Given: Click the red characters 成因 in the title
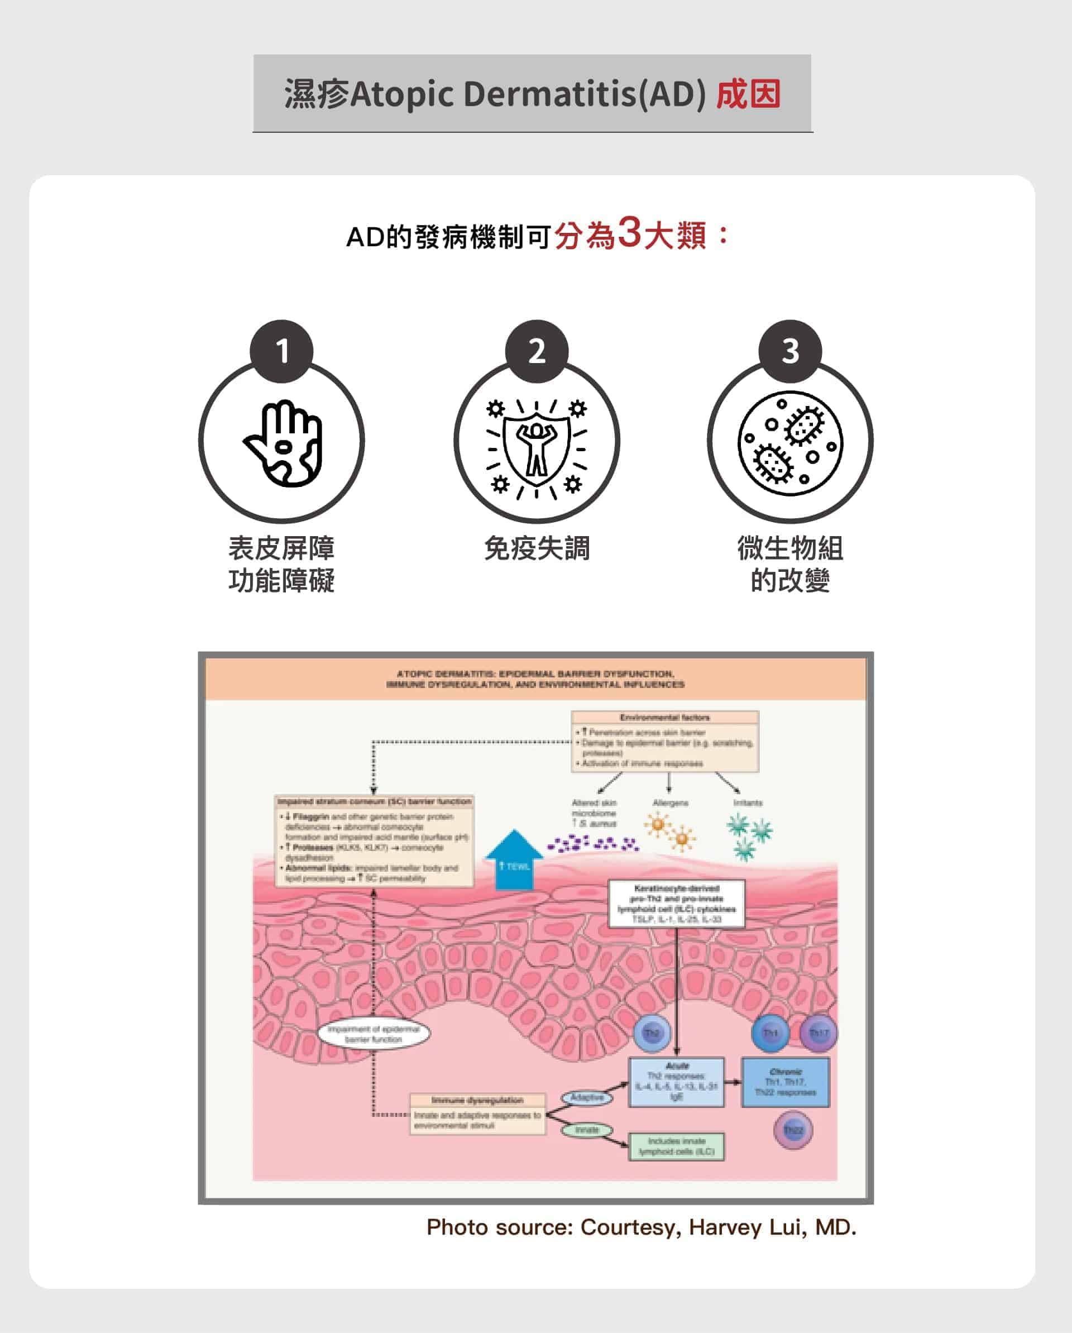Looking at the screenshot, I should click(x=748, y=94).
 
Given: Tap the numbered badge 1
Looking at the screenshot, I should click(x=282, y=351).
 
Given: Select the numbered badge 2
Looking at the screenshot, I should click(x=537, y=351).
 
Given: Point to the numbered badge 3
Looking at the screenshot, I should click(x=790, y=351).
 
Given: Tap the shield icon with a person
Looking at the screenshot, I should click(x=537, y=443).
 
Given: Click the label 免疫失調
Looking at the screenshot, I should click(x=537, y=548).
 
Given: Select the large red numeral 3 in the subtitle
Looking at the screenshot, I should click(x=629, y=233).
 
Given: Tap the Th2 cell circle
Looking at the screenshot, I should click(x=652, y=1033).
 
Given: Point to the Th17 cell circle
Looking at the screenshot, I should click(x=819, y=1033).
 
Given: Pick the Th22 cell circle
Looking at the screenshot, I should click(x=793, y=1130).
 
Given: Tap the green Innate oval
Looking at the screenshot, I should click(x=587, y=1130).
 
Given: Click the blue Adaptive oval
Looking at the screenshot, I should click(x=587, y=1097).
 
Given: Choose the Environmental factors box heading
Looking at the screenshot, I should click(x=664, y=717).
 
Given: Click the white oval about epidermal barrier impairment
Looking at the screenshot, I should click(x=374, y=1034).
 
